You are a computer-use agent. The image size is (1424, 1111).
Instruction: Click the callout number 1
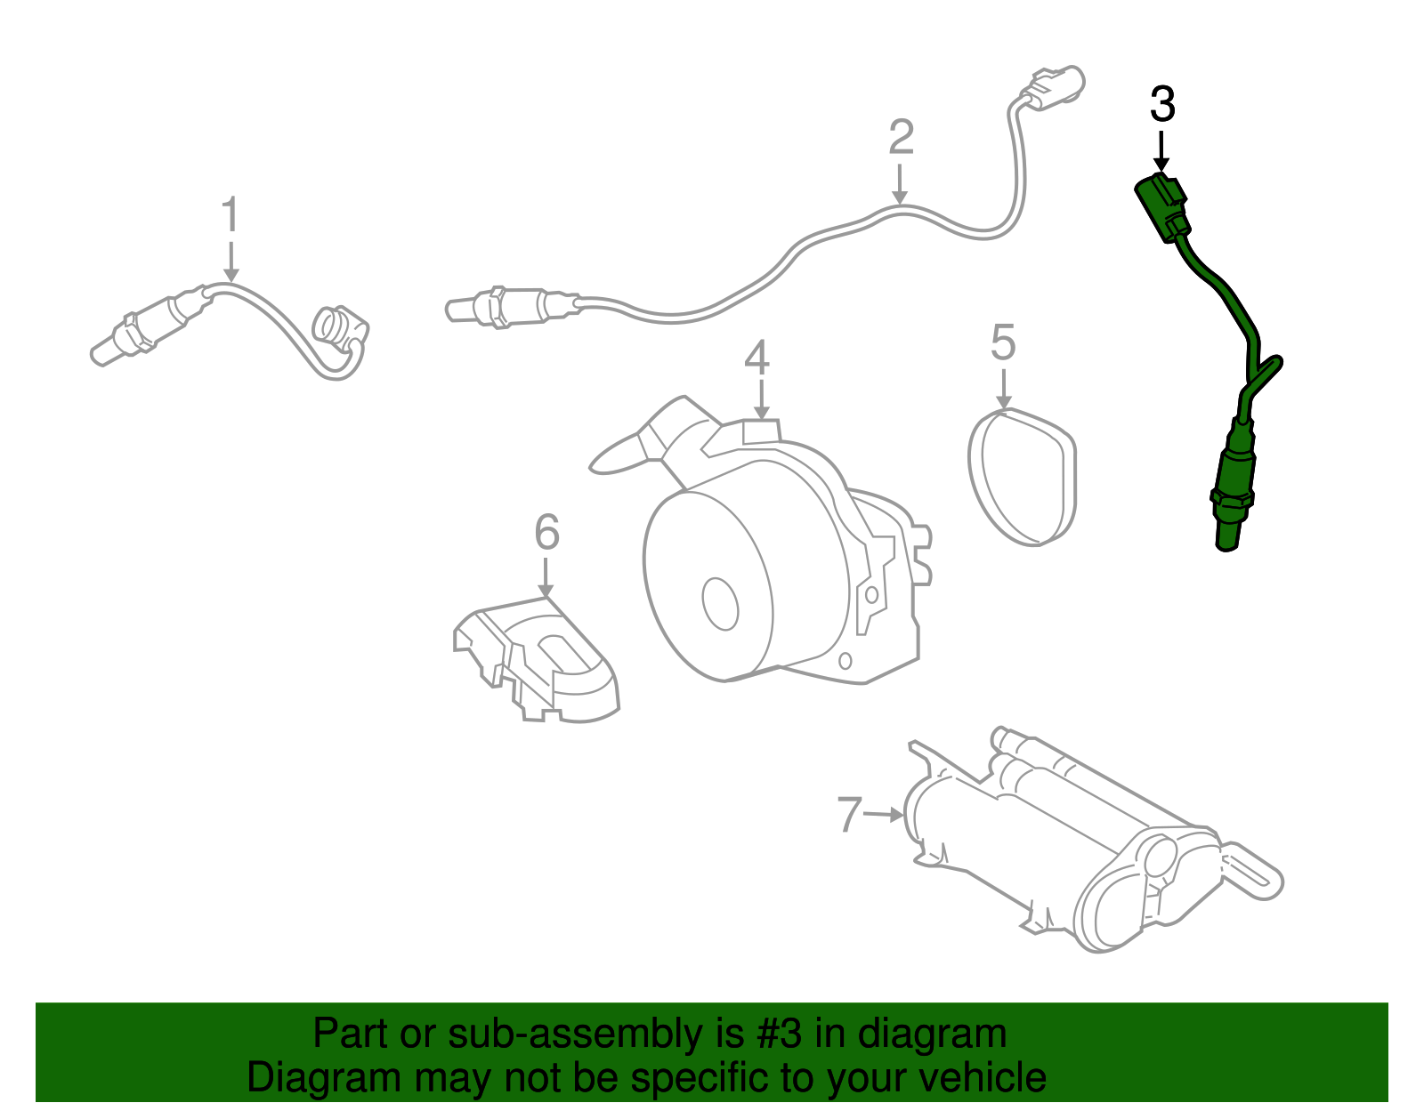[231, 216]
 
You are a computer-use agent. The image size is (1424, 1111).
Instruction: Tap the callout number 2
[901, 138]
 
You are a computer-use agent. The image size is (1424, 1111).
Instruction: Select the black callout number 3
[1162, 105]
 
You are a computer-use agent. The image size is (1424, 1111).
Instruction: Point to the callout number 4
[757, 358]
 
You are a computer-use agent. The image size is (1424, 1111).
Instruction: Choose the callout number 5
[1003, 343]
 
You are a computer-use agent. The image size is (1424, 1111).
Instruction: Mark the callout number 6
[546, 533]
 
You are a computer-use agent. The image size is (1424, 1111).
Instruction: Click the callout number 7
[850, 814]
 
